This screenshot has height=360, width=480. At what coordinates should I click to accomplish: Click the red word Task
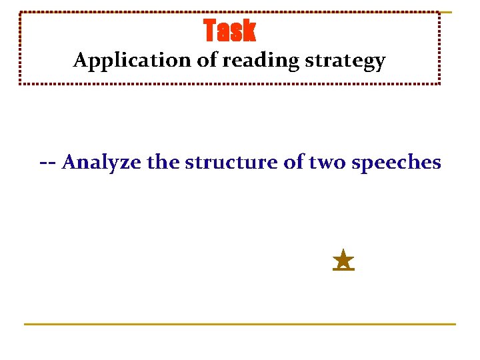pos(229,31)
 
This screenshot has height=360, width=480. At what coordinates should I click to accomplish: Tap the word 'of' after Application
pos(207,61)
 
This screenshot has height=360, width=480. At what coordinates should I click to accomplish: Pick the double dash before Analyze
pos(47,162)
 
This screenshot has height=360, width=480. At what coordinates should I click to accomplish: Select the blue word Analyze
pos(101,162)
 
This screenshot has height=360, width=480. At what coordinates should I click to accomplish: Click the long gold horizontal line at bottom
pos(240,324)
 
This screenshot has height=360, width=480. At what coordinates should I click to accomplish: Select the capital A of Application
pos(80,61)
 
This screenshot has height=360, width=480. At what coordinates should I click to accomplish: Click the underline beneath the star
pos(343,270)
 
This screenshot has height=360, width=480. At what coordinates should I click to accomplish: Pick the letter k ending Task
pos(249,31)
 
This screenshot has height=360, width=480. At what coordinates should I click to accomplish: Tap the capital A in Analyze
pos(69,162)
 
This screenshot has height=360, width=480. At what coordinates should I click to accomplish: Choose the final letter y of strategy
pos(380,63)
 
